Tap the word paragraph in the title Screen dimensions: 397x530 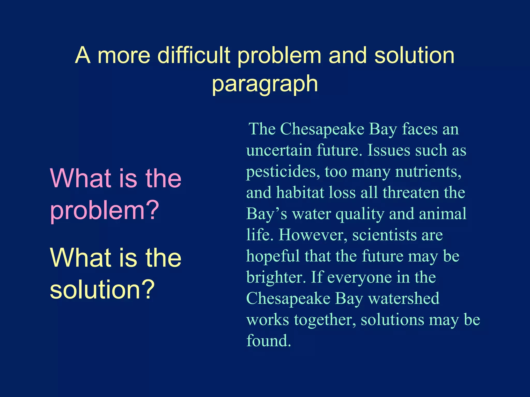(265, 84)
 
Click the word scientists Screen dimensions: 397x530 (384, 235)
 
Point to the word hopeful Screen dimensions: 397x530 (273, 256)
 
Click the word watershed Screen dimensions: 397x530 (404, 299)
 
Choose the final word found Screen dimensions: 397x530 (269, 341)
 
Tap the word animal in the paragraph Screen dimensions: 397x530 (443, 214)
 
